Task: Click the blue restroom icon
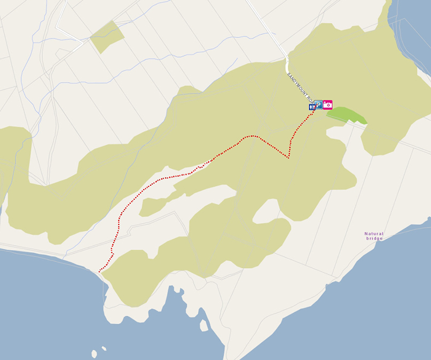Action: [x=311, y=107]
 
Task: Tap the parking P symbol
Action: [x=318, y=105]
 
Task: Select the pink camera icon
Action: [x=327, y=105]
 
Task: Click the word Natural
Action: [x=374, y=233]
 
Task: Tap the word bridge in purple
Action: [x=374, y=238]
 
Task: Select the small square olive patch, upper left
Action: [x=107, y=37]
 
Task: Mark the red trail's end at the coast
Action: [x=99, y=271]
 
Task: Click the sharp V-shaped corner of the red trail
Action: [x=288, y=158]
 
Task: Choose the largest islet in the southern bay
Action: [x=203, y=325]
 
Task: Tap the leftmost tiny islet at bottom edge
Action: [x=94, y=354]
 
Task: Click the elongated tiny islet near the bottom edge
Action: [x=104, y=348]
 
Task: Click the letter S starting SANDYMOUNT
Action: [x=288, y=74]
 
